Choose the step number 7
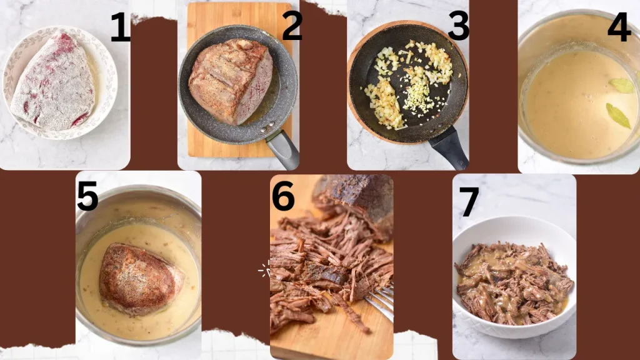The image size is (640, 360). point(468,201)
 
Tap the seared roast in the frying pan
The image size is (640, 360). point(230,80)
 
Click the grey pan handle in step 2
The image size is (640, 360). point(283,150)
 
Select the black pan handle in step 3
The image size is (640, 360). point(449,148)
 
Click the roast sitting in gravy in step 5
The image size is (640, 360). point(139,277)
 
